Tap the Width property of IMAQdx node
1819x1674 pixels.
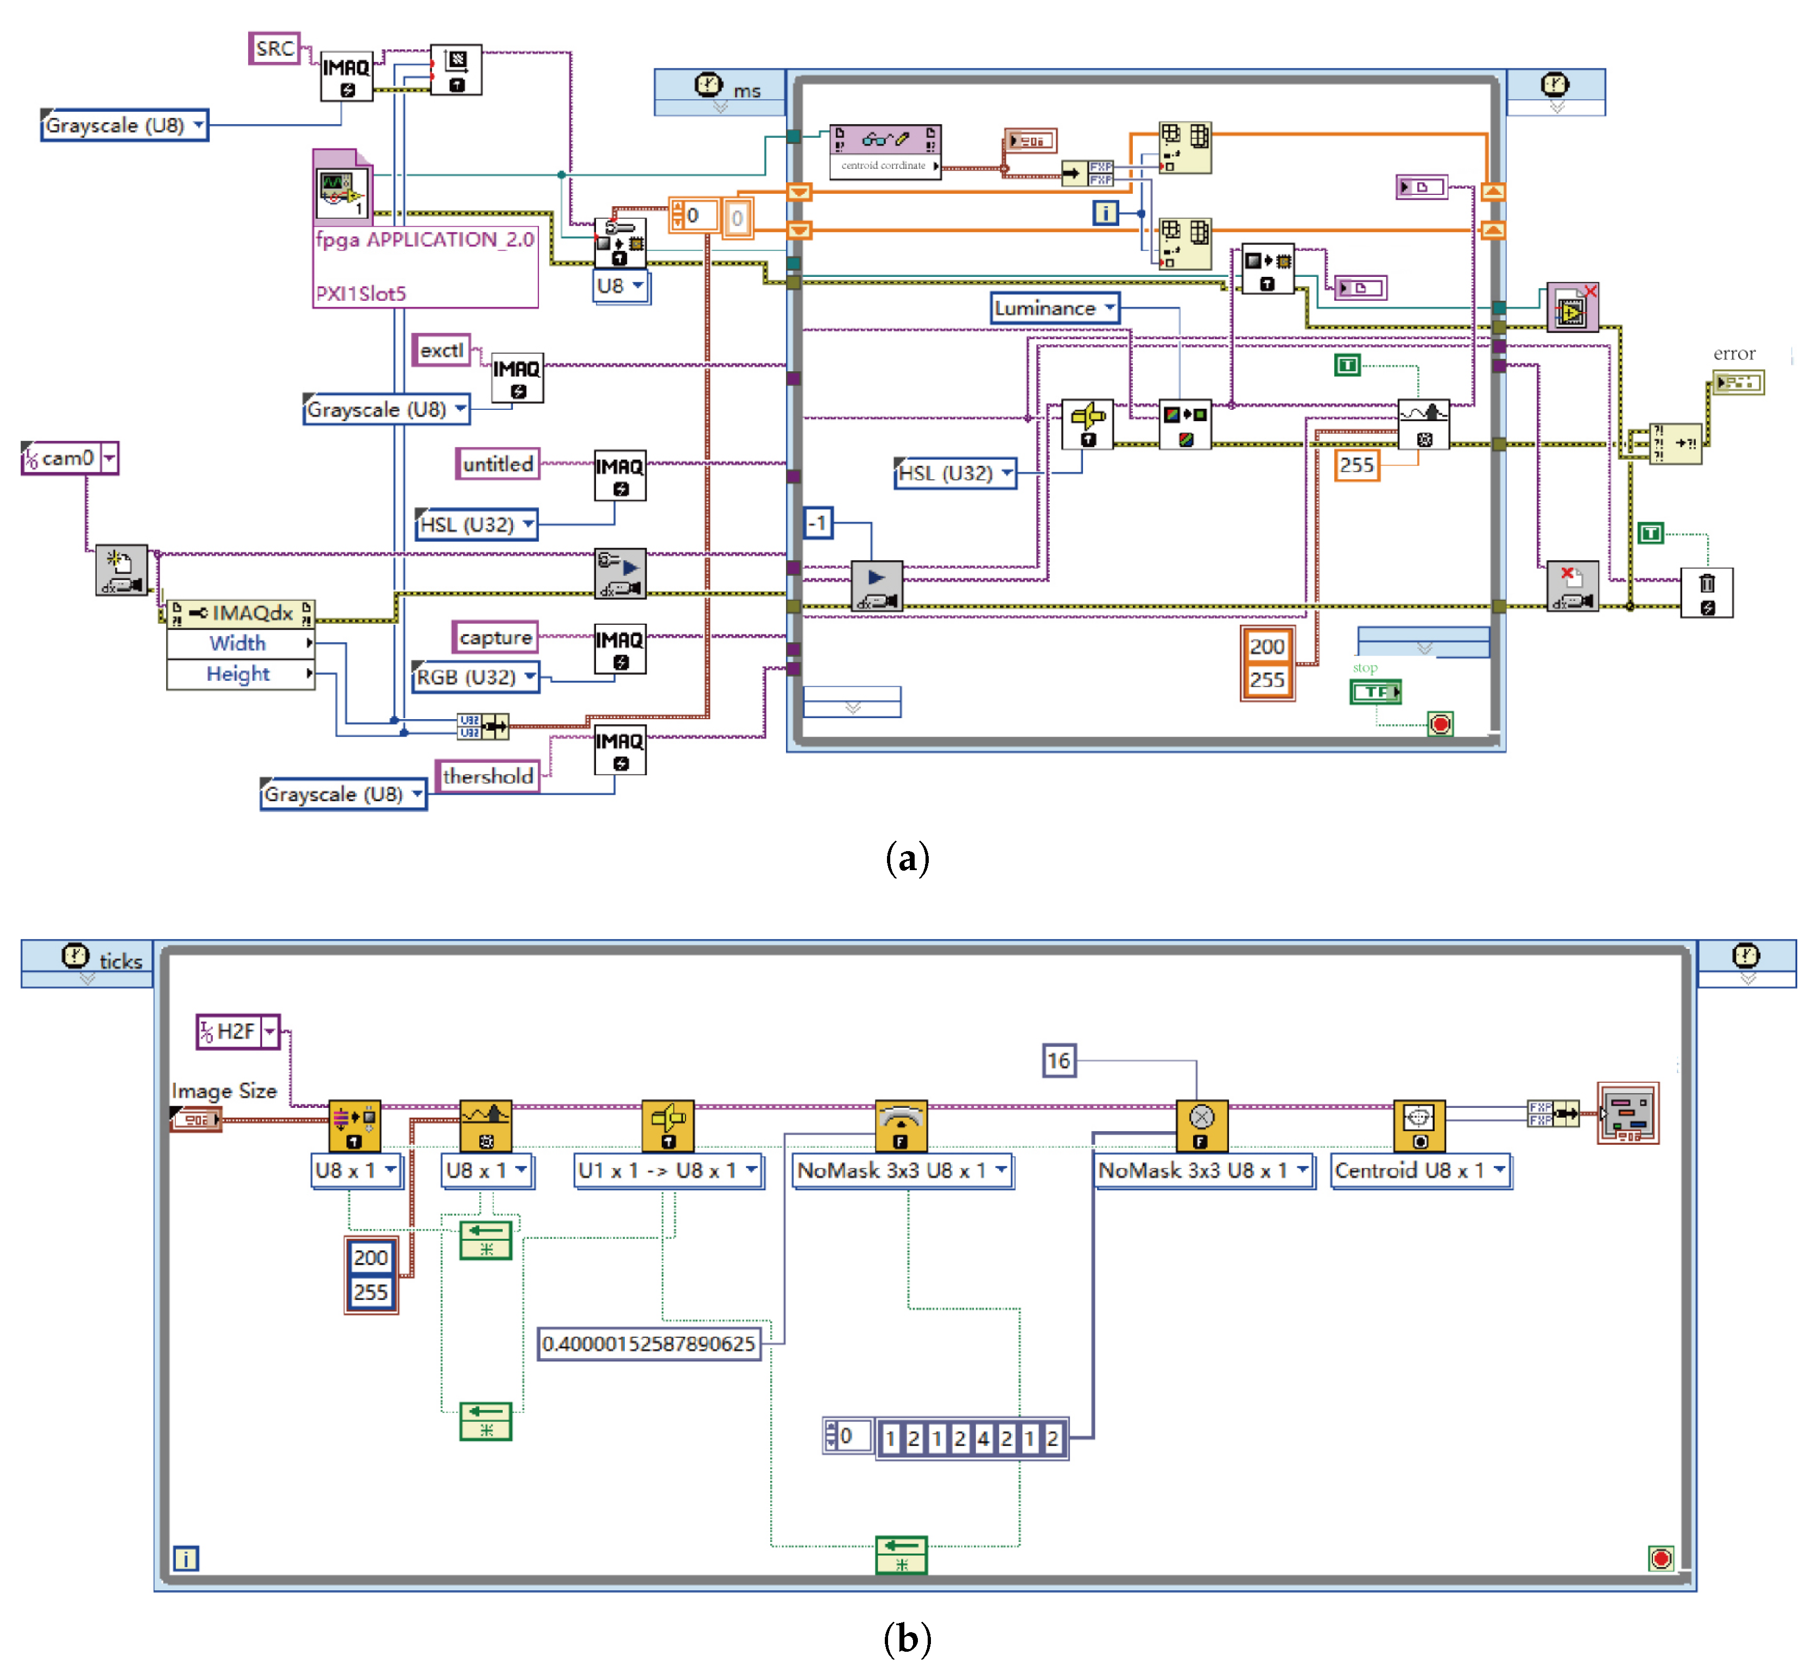tap(238, 643)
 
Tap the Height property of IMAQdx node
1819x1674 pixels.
tap(238, 674)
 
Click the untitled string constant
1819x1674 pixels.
tap(497, 464)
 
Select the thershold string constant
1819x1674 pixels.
tap(487, 776)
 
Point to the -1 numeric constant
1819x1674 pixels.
tap(818, 523)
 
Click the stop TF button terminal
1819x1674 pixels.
tap(1375, 692)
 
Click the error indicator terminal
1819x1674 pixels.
tap(1738, 382)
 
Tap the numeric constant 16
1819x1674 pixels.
tap(1058, 1060)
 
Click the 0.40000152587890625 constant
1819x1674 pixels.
tap(649, 1343)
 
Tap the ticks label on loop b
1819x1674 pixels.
tap(121, 961)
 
